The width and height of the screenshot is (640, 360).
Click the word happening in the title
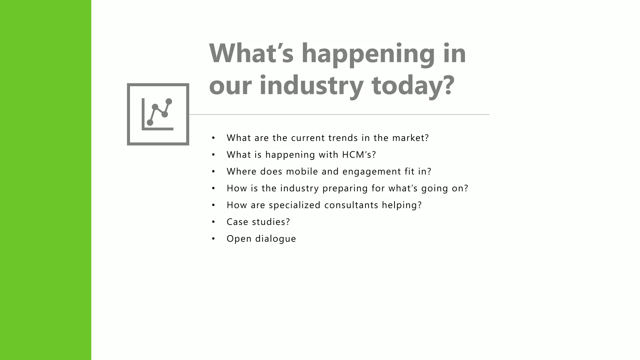pyautogui.click(x=368, y=54)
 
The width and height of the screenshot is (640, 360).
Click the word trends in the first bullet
pyautogui.click(x=343, y=138)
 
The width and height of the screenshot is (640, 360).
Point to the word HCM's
pyautogui.click(x=359, y=155)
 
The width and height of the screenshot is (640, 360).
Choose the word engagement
pyautogui.click(x=367, y=172)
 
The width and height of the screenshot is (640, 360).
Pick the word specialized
pyautogui.click(x=294, y=205)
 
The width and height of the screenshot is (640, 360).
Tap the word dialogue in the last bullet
pyautogui.click(x=275, y=239)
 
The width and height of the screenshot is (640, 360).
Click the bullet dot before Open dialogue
pyautogui.click(x=213, y=239)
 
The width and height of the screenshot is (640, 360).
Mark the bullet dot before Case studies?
pyautogui.click(x=213, y=222)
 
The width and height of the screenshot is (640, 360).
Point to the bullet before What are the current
pyautogui.click(x=213, y=138)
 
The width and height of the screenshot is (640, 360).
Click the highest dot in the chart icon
pyautogui.click(x=169, y=102)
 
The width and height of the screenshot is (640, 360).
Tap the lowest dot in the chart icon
pyautogui.click(x=150, y=122)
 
